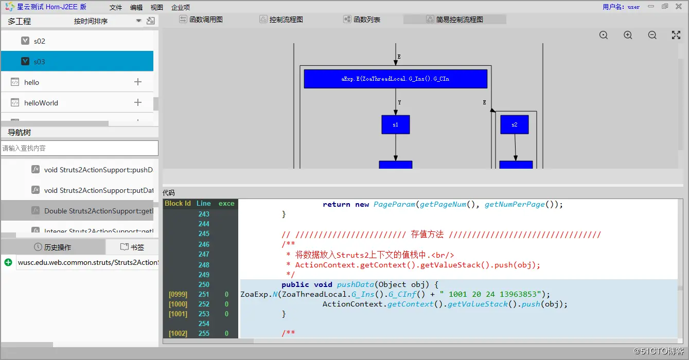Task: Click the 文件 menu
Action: [116, 7]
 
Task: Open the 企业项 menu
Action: [181, 7]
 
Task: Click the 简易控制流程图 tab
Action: [455, 20]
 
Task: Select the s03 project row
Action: [77, 61]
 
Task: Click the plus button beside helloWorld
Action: [138, 102]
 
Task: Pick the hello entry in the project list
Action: [31, 82]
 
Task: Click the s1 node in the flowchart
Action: [395, 124]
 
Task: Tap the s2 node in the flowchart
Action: [514, 124]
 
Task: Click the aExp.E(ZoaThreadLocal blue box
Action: [395, 79]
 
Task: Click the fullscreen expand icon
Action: [676, 35]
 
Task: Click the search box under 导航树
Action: [79, 148]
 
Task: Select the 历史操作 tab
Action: [52, 247]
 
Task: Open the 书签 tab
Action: [132, 247]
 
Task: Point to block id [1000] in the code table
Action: [178, 304]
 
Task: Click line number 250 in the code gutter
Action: [204, 284]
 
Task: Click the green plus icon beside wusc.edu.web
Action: [8, 262]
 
